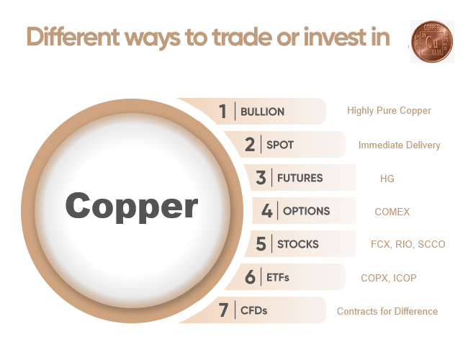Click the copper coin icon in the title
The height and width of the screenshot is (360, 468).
pyautogui.click(x=432, y=41)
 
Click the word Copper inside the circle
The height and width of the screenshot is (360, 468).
pyautogui.click(x=131, y=207)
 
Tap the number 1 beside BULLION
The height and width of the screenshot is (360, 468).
pyautogui.click(x=223, y=112)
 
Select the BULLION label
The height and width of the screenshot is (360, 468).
pyautogui.click(x=262, y=112)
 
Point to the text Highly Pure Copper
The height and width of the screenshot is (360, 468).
pyautogui.click(x=389, y=111)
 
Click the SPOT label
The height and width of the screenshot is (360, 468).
pyautogui.click(x=280, y=145)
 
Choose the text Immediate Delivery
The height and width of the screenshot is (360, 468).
pyautogui.click(x=399, y=145)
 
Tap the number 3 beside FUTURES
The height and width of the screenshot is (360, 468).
pyautogui.click(x=261, y=178)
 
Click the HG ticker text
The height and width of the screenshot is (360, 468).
pyautogui.click(x=387, y=178)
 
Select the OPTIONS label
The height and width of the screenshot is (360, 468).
pyautogui.click(x=306, y=211)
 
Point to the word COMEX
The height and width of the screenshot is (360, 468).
pyautogui.click(x=392, y=212)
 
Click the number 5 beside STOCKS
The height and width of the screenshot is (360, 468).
pyautogui.click(x=261, y=244)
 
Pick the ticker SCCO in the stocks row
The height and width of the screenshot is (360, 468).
pyautogui.click(x=431, y=245)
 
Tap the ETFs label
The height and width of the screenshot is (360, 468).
pyautogui.click(x=277, y=277)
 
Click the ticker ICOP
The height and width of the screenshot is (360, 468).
pyautogui.click(x=404, y=278)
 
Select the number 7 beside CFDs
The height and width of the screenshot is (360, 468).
pyautogui.click(x=223, y=310)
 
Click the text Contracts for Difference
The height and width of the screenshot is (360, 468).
pyautogui.click(x=387, y=311)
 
